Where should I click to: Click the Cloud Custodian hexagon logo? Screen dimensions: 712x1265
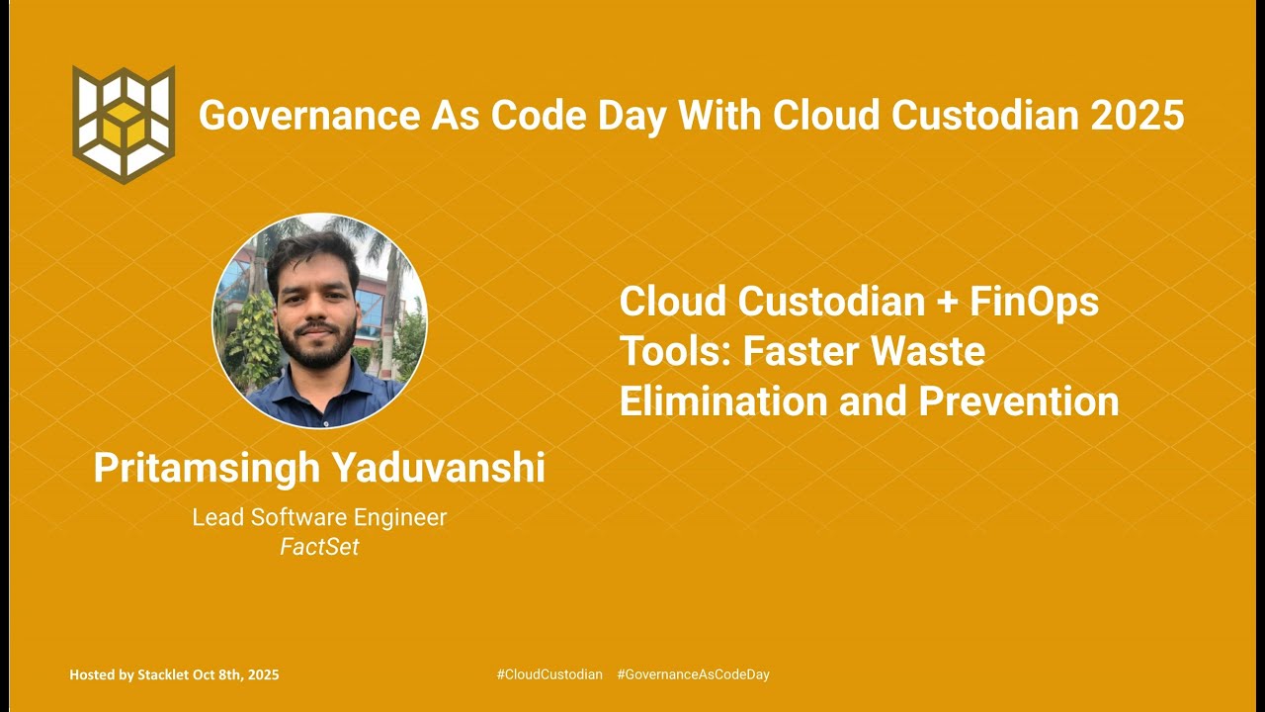(x=124, y=125)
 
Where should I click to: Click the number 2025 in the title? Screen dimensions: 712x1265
(x=1138, y=116)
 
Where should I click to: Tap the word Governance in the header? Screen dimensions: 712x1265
(x=307, y=116)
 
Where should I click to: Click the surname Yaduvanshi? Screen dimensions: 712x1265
(x=438, y=468)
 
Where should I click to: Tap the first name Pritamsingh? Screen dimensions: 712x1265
(x=206, y=468)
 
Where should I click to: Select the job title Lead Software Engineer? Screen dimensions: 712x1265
(x=319, y=517)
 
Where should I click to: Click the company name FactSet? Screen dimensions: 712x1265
(x=319, y=547)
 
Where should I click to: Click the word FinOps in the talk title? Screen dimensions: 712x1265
(x=1034, y=302)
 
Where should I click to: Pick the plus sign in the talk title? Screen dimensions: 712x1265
(x=947, y=302)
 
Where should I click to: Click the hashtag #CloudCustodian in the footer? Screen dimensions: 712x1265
(x=548, y=674)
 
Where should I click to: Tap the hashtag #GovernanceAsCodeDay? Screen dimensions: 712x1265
(x=693, y=674)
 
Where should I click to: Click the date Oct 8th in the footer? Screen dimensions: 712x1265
(x=218, y=674)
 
